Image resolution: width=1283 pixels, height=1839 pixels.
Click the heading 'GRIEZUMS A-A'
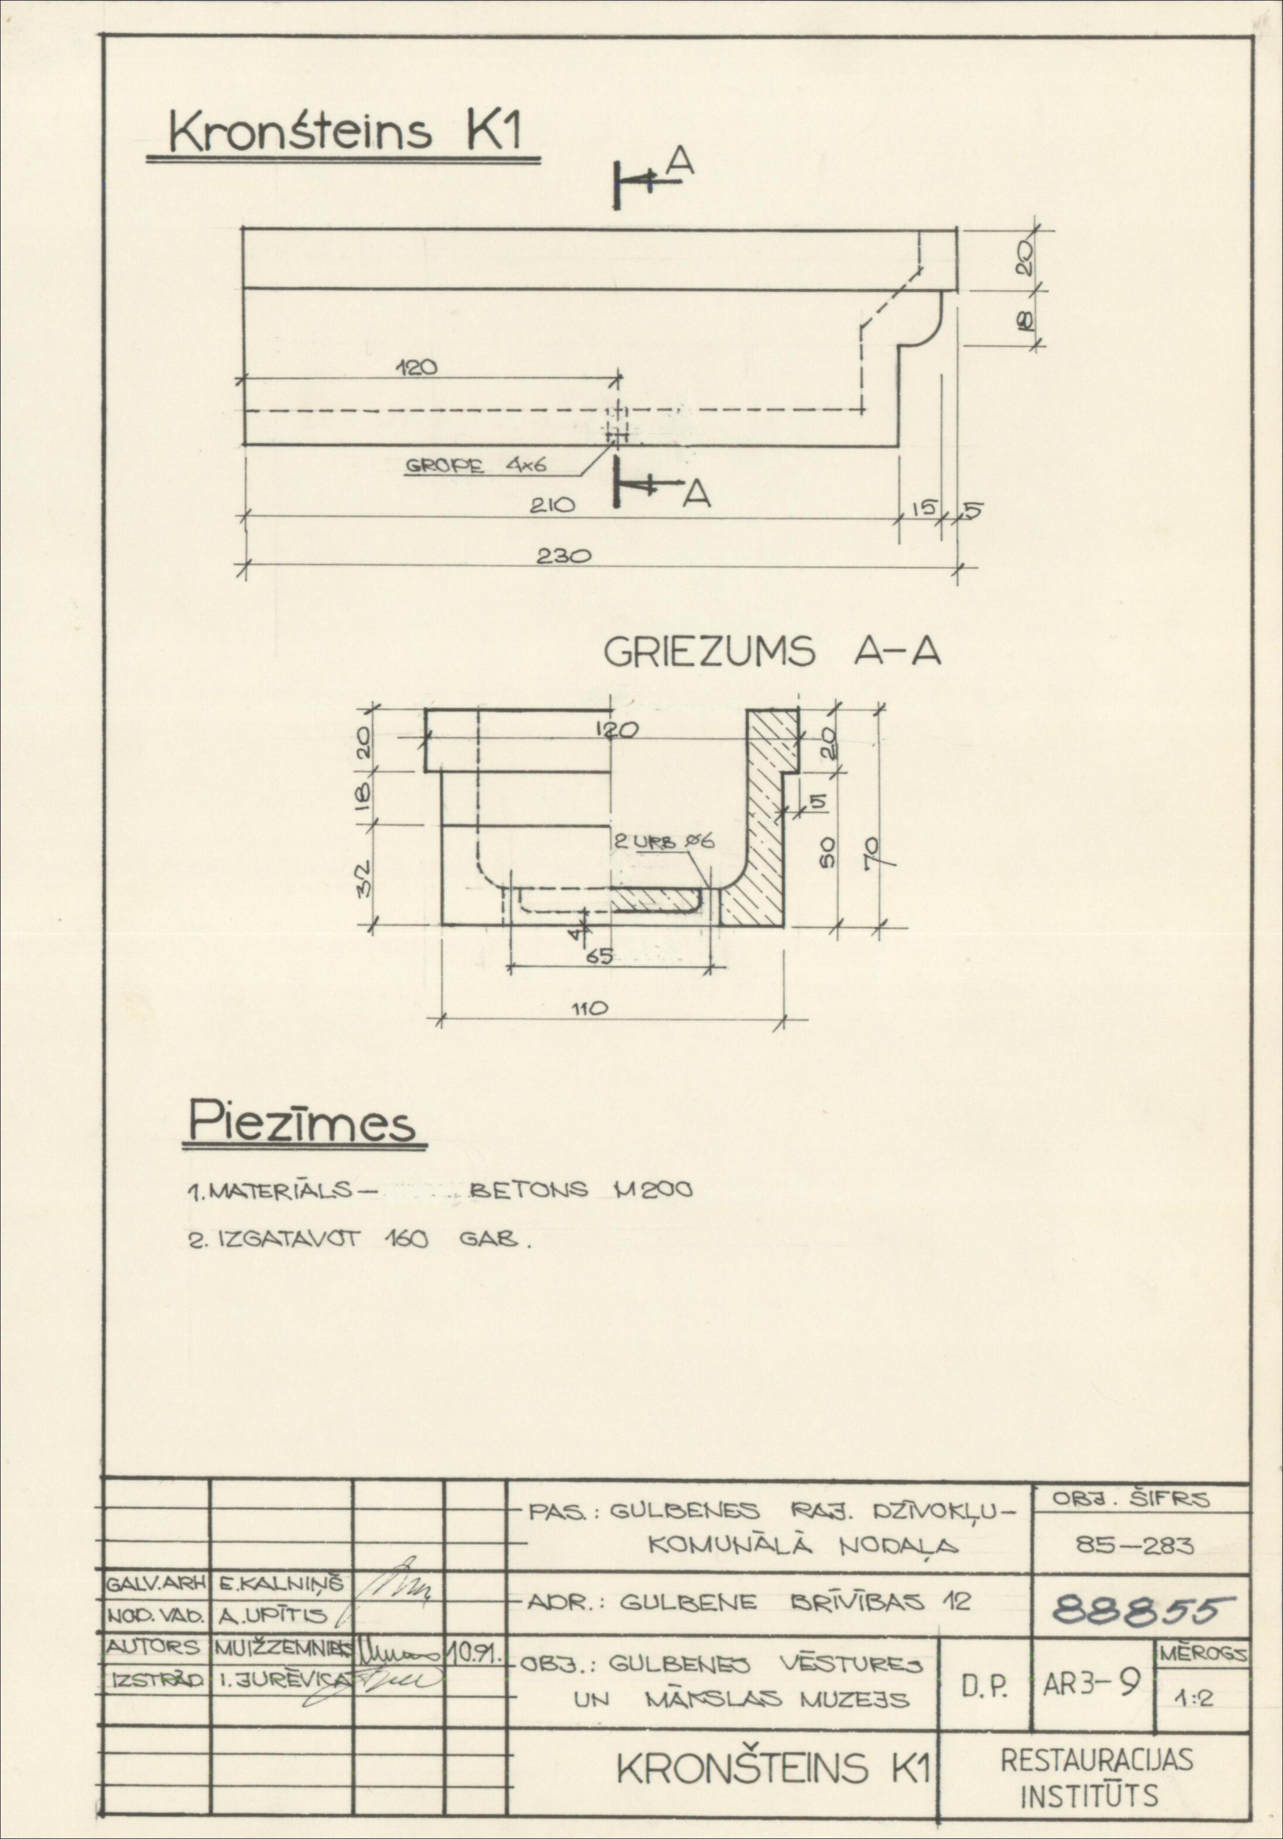(x=771, y=654)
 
